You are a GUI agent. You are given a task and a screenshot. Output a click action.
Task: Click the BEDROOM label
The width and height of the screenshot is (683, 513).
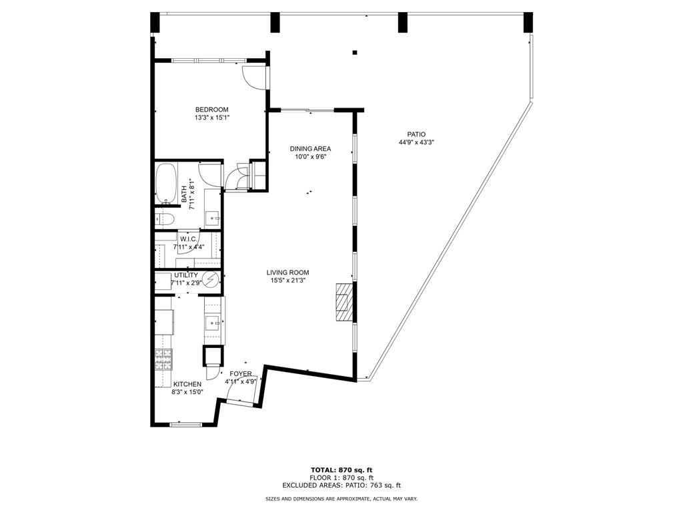(211, 110)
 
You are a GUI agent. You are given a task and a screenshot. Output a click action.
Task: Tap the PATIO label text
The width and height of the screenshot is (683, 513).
(412, 134)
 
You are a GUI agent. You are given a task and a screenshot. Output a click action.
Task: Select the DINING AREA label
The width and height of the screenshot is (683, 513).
(310, 149)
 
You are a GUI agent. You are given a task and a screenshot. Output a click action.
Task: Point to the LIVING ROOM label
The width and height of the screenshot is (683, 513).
(287, 273)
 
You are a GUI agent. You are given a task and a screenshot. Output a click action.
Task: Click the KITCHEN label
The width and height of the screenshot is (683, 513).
(187, 385)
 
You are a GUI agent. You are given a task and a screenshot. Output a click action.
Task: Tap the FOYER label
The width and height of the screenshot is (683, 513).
(241, 374)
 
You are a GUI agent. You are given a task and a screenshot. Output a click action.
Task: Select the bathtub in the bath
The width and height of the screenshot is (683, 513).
(165, 185)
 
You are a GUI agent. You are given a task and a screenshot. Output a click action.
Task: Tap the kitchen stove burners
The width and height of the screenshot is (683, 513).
(163, 360)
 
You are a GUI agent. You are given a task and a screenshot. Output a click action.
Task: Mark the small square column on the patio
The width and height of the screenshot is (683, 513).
(355, 52)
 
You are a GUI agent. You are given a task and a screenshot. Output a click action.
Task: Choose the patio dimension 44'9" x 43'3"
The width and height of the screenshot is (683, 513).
(412, 142)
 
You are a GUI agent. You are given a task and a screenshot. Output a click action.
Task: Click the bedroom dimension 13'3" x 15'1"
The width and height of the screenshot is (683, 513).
(211, 118)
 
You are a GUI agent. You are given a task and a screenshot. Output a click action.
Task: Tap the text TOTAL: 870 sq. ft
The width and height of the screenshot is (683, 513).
(341, 470)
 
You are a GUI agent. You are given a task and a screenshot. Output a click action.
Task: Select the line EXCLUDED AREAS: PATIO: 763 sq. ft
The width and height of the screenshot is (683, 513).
(341, 486)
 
